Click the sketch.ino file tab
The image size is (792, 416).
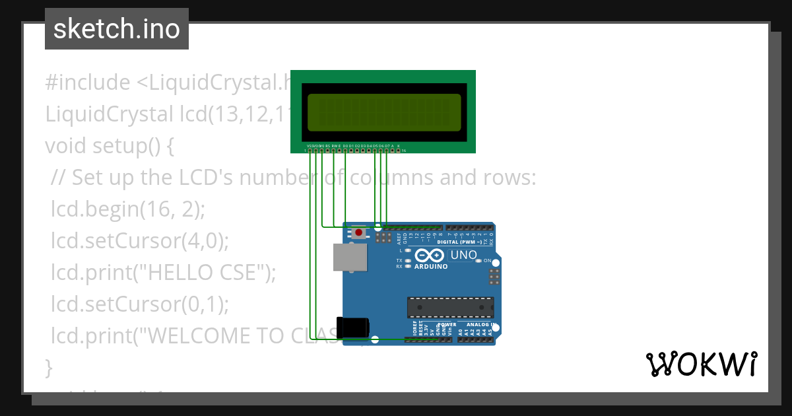[x=117, y=29]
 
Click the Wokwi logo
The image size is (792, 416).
[x=701, y=364]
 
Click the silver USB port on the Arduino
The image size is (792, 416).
[x=350, y=258]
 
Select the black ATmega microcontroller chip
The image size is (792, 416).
[x=450, y=308]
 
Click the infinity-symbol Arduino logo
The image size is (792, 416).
[x=431, y=256]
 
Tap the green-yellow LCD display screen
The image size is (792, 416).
[x=384, y=112]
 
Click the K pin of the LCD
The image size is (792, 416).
[x=399, y=151]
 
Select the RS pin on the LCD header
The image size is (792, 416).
[x=328, y=151]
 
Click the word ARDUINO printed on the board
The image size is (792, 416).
[x=431, y=267]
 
